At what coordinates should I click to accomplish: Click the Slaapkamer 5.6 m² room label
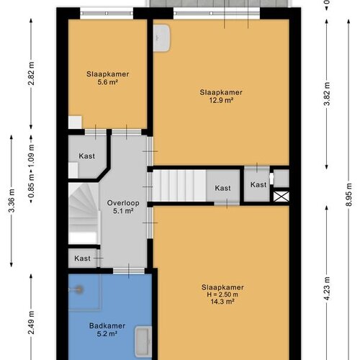click(108, 78)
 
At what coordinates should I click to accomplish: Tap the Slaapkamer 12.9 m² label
click(221, 96)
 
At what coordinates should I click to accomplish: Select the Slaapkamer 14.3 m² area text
click(222, 302)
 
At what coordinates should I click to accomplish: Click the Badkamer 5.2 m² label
click(107, 330)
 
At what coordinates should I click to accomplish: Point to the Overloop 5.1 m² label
click(123, 207)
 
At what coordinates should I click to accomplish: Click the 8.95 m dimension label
click(348, 194)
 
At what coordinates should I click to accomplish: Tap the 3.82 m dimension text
click(327, 94)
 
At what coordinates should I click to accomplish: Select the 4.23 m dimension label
click(327, 289)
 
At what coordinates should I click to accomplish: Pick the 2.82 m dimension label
click(31, 73)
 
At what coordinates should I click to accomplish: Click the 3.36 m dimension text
click(12, 201)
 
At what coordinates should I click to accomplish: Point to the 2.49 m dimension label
click(31, 323)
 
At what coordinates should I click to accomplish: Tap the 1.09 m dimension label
click(31, 156)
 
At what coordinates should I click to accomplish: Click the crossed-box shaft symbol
click(282, 197)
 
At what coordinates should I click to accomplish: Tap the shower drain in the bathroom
click(79, 289)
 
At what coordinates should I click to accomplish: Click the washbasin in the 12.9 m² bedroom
click(162, 37)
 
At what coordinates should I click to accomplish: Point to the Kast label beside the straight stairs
click(222, 188)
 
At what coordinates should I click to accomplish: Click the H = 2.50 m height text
click(222, 294)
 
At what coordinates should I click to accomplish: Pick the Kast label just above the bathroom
click(82, 258)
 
